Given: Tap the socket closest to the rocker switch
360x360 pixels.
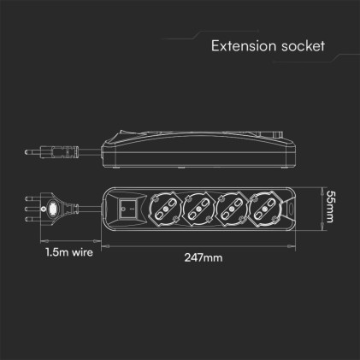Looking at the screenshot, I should click(x=163, y=207).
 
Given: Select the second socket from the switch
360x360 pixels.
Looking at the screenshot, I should click(x=198, y=207).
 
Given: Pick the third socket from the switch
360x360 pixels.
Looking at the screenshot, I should click(x=231, y=207).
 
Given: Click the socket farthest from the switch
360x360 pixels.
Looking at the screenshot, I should click(x=265, y=207).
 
